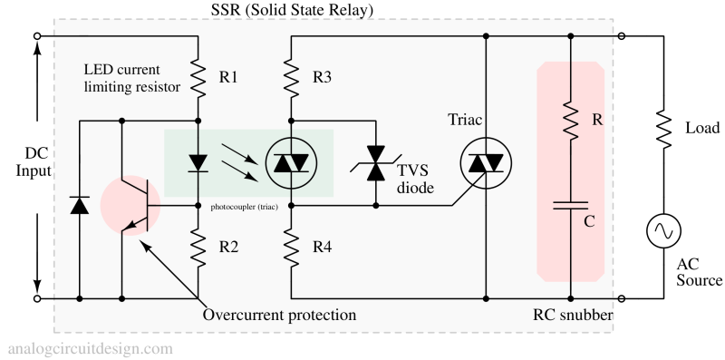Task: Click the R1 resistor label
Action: [229, 77]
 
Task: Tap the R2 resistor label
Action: [229, 246]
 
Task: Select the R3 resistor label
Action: [322, 77]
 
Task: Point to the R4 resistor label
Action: [322, 246]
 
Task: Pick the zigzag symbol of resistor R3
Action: [291, 77]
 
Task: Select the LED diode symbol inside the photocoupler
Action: [198, 164]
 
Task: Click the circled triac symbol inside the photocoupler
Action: [291, 164]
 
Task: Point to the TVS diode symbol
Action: [374, 164]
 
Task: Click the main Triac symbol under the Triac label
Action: [487, 164]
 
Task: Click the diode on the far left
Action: [79, 206]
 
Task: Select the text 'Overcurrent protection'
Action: [279, 315]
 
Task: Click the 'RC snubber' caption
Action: [573, 315]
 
